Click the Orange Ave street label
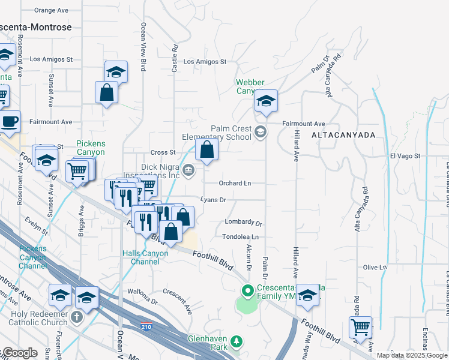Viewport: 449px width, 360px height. click(51, 10)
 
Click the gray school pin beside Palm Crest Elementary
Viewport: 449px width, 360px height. click(260, 132)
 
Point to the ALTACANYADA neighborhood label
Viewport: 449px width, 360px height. click(343, 136)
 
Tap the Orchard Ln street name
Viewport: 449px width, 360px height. click(235, 183)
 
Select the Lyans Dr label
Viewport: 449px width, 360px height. click(213, 200)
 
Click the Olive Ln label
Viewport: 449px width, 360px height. click(375, 267)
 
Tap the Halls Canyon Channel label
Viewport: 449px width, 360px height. click(145, 257)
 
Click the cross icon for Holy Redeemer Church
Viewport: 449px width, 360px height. click(77, 316)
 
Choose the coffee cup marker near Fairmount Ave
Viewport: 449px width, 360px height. click(9, 122)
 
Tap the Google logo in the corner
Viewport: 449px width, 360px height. click(19, 353)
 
